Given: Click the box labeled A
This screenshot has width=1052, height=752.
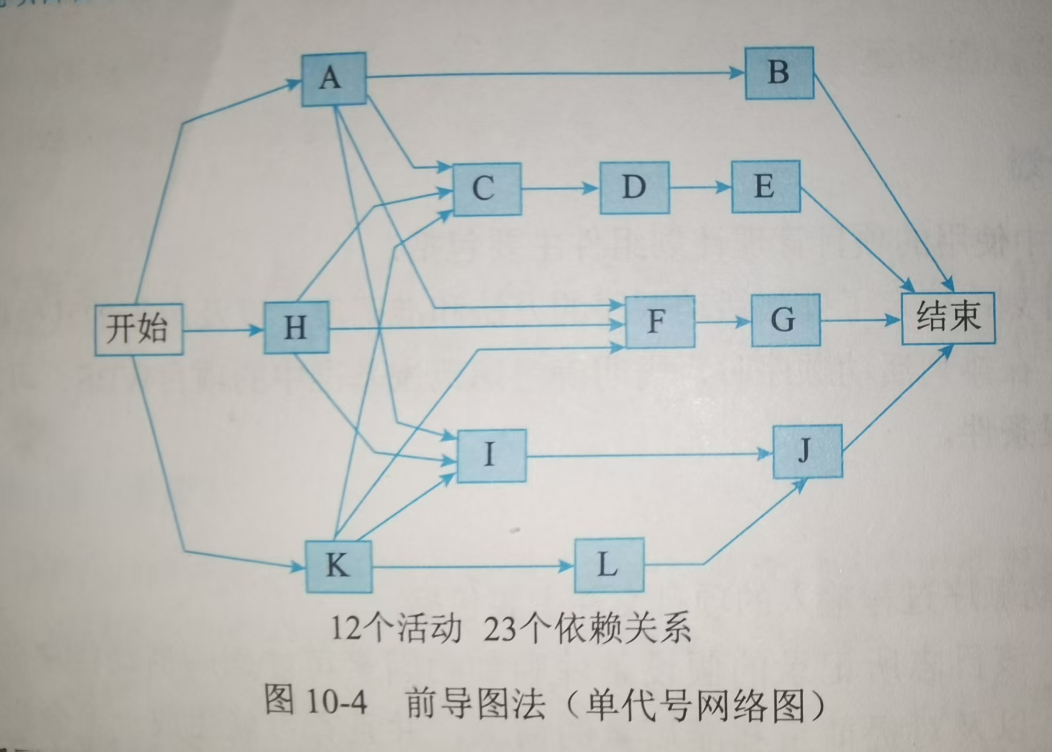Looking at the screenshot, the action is click(x=333, y=79).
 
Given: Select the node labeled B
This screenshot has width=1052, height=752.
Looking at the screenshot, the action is click(x=779, y=73).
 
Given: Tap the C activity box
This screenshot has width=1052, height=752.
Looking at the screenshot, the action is click(x=487, y=189).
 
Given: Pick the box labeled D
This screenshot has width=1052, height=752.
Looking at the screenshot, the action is click(x=634, y=188).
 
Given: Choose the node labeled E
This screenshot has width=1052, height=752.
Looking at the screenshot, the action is click(x=765, y=186).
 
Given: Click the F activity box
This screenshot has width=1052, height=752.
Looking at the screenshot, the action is click(x=659, y=322).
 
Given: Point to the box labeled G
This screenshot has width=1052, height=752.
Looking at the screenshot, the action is click(x=785, y=320).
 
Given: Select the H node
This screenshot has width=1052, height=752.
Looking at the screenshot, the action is click(x=296, y=327).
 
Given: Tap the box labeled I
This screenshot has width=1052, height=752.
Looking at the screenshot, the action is click(x=491, y=455).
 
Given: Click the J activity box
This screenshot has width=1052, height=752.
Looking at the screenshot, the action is click(x=807, y=451).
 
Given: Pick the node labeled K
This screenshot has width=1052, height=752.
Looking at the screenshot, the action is click(x=338, y=566).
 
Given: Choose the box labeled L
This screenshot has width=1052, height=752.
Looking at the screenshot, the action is click(x=609, y=565).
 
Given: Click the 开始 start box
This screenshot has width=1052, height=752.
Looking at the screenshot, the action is click(x=138, y=329).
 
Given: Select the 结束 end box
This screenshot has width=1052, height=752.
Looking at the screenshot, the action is click(x=948, y=317).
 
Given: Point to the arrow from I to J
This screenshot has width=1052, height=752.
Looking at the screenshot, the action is click(x=647, y=455).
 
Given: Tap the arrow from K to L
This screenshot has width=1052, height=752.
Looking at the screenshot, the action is click(x=470, y=567).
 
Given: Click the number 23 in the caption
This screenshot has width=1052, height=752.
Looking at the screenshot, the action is click(x=499, y=630).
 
